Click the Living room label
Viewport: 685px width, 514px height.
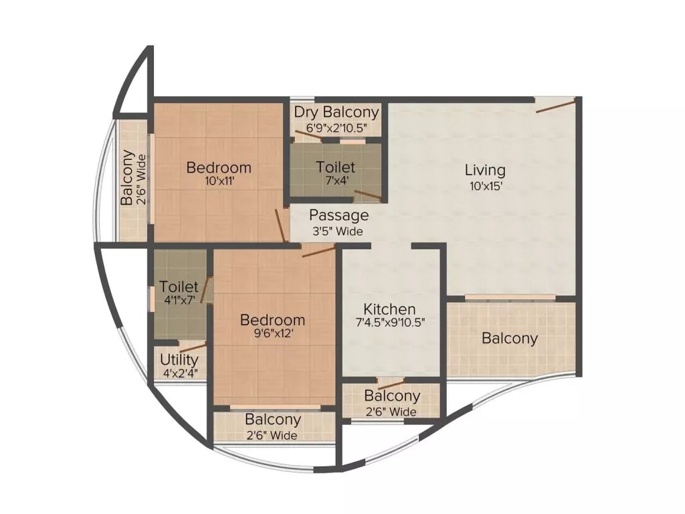click(x=485, y=170)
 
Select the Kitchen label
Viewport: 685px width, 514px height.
click(x=389, y=309)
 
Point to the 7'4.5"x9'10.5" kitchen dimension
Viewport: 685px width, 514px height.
click(x=390, y=322)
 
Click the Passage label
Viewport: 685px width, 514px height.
click(x=338, y=216)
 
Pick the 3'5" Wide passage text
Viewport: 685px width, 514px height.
click(x=338, y=232)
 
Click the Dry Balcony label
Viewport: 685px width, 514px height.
click(x=336, y=112)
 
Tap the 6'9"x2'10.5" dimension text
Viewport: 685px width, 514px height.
click(x=336, y=126)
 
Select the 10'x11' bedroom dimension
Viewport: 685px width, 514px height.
click(x=219, y=181)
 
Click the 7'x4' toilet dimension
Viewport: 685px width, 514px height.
click(x=336, y=180)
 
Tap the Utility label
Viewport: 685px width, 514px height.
click(x=179, y=359)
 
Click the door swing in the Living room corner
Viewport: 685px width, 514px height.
click(x=555, y=106)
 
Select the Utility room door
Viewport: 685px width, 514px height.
click(x=193, y=347)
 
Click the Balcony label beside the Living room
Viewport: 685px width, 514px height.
click(x=510, y=339)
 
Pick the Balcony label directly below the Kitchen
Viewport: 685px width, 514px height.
click(x=392, y=396)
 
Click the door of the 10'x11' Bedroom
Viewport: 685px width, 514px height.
click(x=281, y=226)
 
